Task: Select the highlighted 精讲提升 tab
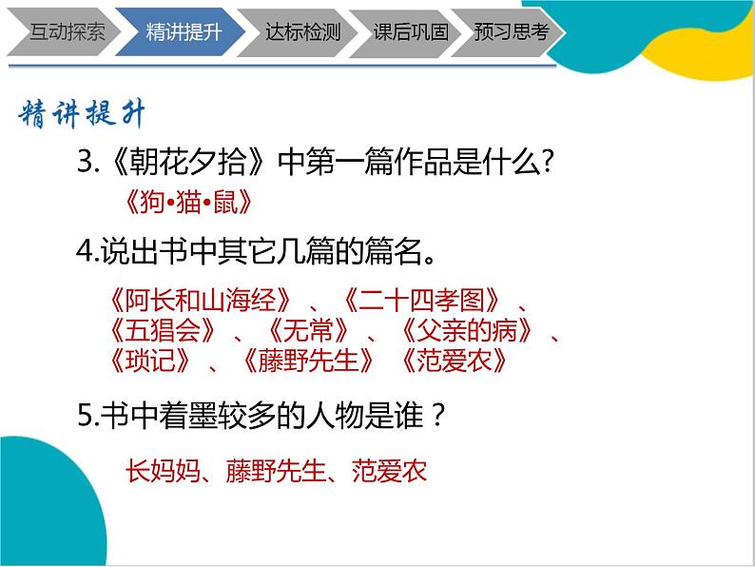point(184,31)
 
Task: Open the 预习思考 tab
point(512,31)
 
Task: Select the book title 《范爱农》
point(448,362)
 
